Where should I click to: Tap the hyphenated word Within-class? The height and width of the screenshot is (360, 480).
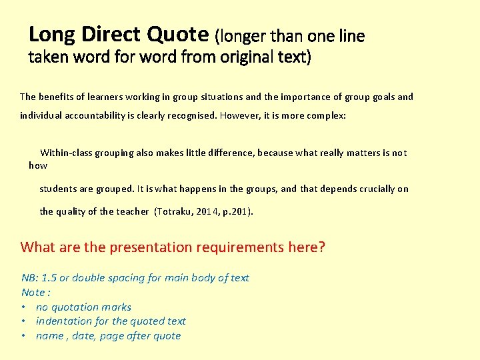click(x=69, y=153)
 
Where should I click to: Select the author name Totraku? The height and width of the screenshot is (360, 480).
click(x=175, y=212)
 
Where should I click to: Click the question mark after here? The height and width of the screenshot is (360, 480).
click(x=321, y=247)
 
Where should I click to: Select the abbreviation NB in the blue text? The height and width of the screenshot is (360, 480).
click(x=29, y=278)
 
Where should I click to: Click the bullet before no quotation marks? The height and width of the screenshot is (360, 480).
click(x=24, y=307)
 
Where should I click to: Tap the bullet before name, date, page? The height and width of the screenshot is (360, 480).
click(x=24, y=336)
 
